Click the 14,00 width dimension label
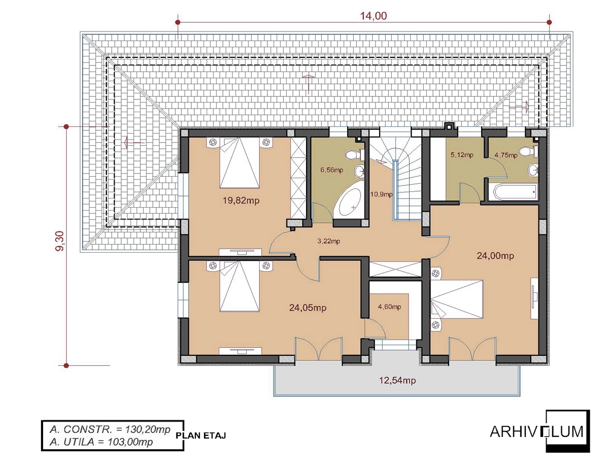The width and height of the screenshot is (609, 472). click(374, 16)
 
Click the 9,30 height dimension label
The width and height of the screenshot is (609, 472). click(59, 241)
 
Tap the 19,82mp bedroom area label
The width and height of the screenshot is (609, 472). click(241, 200)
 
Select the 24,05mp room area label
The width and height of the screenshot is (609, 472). click(308, 308)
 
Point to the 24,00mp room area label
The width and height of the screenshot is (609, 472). click(495, 256)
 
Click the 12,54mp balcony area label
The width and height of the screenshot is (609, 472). click(397, 380)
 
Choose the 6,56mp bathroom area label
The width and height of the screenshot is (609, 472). click(332, 170)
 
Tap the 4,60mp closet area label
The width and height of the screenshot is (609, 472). click(390, 307)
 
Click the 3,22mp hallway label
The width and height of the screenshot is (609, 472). click(329, 241)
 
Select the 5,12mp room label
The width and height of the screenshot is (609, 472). click(462, 155)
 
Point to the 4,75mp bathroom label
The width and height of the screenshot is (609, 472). click(506, 155)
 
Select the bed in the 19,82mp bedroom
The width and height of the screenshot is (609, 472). click(240, 162)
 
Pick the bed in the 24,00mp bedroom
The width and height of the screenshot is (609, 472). click(457, 299)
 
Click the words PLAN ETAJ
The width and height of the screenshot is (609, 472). click(200, 435)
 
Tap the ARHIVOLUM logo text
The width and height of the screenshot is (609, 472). click(536, 432)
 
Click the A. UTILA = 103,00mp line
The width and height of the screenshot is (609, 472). click(101, 442)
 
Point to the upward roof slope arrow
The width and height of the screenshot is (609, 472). click(308, 84)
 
